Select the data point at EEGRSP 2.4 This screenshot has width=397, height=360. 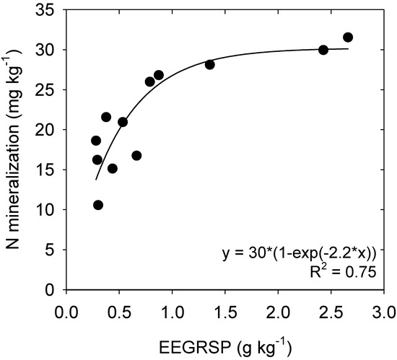tap(323, 50)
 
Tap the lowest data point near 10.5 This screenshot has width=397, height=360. tap(98, 205)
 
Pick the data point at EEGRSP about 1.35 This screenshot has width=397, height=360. tap(210, 64)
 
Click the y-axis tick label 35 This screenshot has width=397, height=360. tap(48, 9)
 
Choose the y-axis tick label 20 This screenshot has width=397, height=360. tap(48, 130)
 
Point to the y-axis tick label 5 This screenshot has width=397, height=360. tap(53, 250)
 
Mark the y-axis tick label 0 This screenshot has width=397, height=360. tap(53, 290)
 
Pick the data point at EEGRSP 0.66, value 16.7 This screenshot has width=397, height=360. tap(136, 155)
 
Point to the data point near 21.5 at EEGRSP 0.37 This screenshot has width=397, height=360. tap(106, 117)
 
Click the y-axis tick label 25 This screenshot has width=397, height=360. tap(48, 89)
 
